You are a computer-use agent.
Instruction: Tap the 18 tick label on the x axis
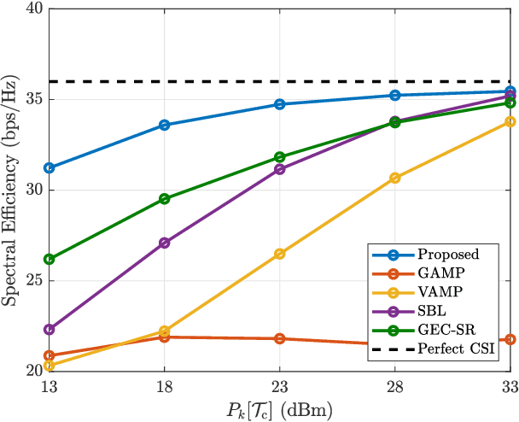tap(165, 386)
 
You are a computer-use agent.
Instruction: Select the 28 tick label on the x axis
tap(394, 386)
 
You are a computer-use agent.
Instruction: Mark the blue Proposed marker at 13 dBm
tap(50, 167)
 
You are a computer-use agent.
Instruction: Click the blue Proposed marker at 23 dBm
tap(280, 104)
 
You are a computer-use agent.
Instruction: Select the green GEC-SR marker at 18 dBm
tap(165, 199)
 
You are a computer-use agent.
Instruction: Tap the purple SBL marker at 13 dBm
tap(50, 329)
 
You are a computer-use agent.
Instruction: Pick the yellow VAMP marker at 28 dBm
tap(395, 178)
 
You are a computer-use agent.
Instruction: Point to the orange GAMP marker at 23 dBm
tap(280, 338)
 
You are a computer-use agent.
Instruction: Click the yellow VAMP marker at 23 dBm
tap(280, 254)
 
